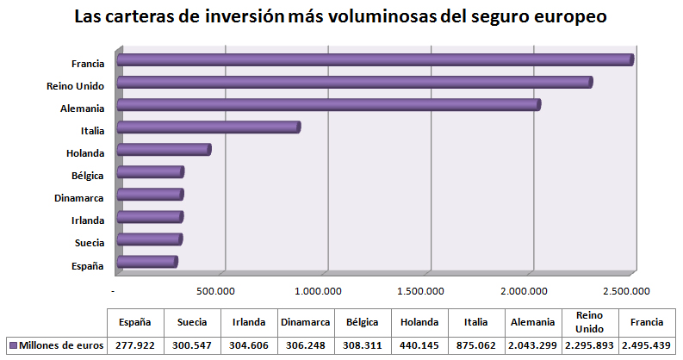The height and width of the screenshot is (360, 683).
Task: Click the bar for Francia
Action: (375, 59)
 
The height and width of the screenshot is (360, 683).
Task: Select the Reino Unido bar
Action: (354, 82)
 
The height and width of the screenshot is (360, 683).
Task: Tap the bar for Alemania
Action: (328, 105)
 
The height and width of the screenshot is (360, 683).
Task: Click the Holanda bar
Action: (164, 150)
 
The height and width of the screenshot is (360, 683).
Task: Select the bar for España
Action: (146, 262)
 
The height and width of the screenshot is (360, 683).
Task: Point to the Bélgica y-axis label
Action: (88, 176)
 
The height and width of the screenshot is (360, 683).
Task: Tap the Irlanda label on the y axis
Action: (88, 220)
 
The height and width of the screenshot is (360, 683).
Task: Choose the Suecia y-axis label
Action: (89, 243)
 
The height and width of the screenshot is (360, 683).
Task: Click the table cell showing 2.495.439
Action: (647, 344)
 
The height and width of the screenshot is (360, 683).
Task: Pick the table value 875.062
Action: (476, 344)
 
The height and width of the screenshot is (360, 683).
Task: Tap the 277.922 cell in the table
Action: (135, 344)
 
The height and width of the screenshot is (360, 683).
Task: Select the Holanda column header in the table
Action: (419, 321)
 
